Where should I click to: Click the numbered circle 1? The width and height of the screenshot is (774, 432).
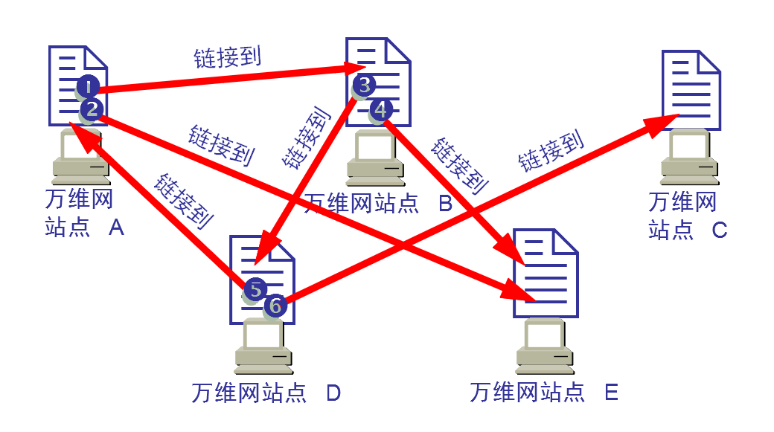click(88, 85)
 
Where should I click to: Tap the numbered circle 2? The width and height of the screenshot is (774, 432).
click(92, 110)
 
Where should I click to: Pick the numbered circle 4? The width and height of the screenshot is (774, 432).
click(380, 110)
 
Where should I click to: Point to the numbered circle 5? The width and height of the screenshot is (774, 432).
click(255, 290)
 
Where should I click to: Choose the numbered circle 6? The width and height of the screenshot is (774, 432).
click(274, 305)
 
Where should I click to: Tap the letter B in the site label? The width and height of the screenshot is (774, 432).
click(445, 204)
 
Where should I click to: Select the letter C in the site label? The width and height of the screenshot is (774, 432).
click(719, 230)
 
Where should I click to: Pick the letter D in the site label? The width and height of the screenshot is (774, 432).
click(333, 393)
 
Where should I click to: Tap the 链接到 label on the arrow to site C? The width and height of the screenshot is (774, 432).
click(549, 151)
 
